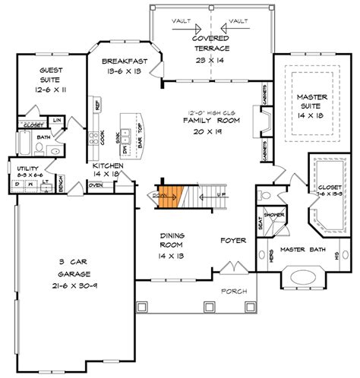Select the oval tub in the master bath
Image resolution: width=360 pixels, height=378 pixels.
pos(307,277)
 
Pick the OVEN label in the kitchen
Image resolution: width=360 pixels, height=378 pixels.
pos(96,184)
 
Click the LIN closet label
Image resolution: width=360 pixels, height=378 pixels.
pos(57,118)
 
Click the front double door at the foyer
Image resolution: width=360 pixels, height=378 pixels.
pos(229,267)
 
